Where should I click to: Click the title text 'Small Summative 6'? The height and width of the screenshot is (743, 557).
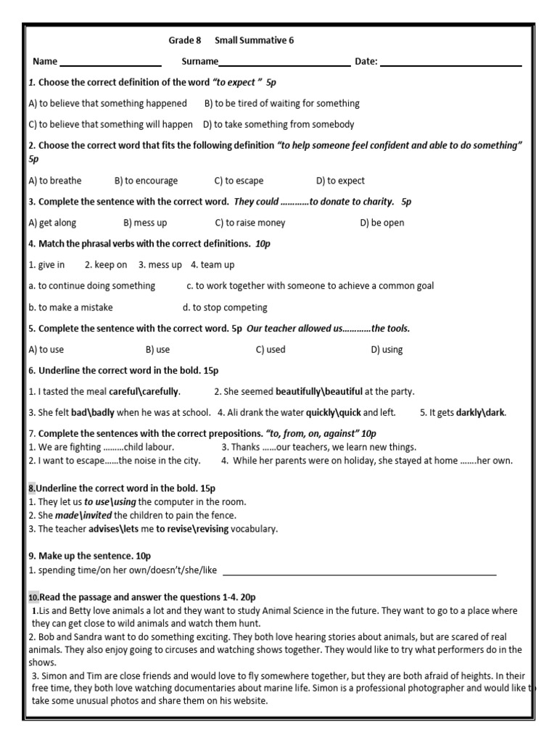[254, 40]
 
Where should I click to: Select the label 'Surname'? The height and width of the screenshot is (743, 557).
[199, 62]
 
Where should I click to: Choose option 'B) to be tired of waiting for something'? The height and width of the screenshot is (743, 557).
[281, 104]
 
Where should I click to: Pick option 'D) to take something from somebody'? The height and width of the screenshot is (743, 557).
[278, 124]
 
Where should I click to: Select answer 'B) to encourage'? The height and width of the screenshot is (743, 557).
[146, 181]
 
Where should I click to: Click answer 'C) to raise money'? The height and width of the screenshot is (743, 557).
[250, 223]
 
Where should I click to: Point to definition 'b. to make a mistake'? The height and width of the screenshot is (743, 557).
[71, 307]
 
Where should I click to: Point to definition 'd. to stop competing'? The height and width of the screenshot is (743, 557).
[225, 307]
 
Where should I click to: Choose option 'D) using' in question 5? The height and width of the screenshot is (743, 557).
[387, 350]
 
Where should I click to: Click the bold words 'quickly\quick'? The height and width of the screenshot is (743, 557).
[334, 413]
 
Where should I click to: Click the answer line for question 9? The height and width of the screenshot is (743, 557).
[359, 572]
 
